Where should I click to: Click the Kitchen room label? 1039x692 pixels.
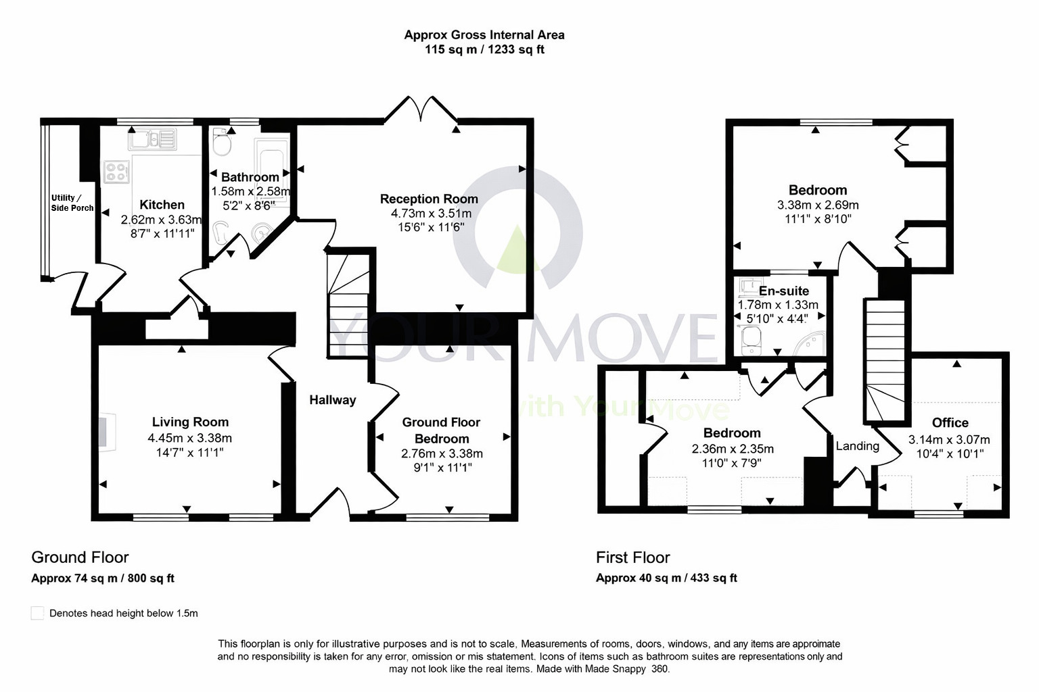[162, 205]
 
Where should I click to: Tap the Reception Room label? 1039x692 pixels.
[429, 199]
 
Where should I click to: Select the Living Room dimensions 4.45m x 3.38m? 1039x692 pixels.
[189, 438]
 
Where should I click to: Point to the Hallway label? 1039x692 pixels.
[332, 400]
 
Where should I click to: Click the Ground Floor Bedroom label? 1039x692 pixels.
[441, 430]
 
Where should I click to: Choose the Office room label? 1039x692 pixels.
[950, 422]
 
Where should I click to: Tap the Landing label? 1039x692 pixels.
[857, 446]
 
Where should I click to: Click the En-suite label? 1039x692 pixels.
[783, 291]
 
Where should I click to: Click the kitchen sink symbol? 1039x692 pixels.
[154, 139]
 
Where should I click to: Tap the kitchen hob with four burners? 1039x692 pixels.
[116, 171]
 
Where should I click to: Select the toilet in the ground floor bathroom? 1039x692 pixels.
[222, 142]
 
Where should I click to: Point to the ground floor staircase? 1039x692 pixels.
[348, 304]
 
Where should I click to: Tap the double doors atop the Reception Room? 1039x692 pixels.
[422, 109]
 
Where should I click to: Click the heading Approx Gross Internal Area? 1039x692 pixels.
[484, 34]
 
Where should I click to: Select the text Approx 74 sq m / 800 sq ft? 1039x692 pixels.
[103, 578]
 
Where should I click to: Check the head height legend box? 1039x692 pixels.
[38, 613]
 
